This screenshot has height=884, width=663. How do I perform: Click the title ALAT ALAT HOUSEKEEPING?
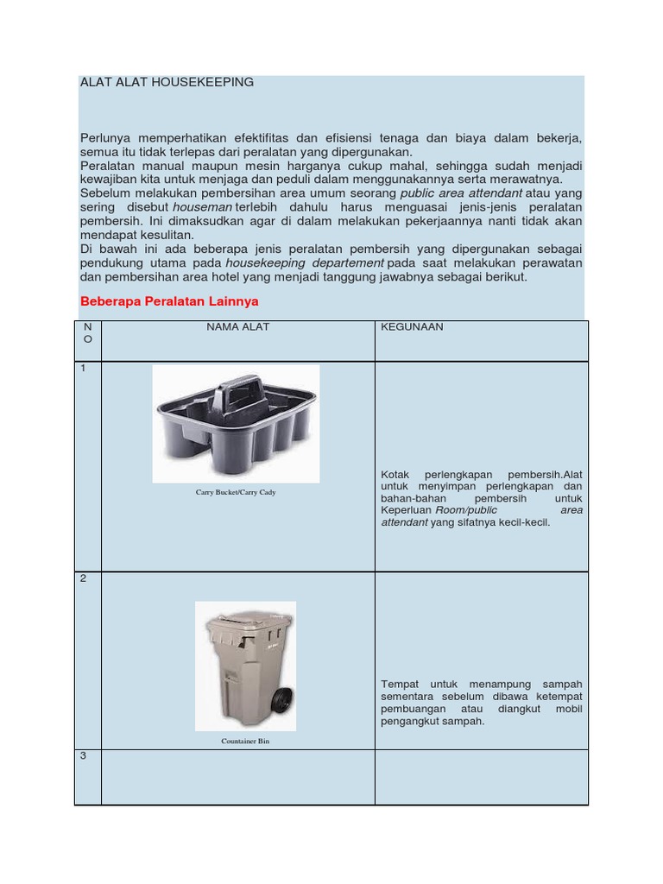167,82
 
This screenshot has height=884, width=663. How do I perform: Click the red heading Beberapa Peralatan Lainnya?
168,301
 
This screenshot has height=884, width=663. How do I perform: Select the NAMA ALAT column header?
237,327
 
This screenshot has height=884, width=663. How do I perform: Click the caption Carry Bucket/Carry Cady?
236,492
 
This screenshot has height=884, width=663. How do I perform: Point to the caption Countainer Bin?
245,741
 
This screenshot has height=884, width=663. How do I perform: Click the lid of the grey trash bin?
246,619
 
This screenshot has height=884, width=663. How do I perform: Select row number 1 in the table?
84,369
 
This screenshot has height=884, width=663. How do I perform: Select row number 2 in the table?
84,578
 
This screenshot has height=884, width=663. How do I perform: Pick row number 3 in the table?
84,756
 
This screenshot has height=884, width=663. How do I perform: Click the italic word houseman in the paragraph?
202,208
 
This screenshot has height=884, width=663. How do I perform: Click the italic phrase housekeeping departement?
305,262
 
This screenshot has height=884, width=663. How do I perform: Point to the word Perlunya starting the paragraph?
109,138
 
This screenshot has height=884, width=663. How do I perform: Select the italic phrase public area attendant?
463,194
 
